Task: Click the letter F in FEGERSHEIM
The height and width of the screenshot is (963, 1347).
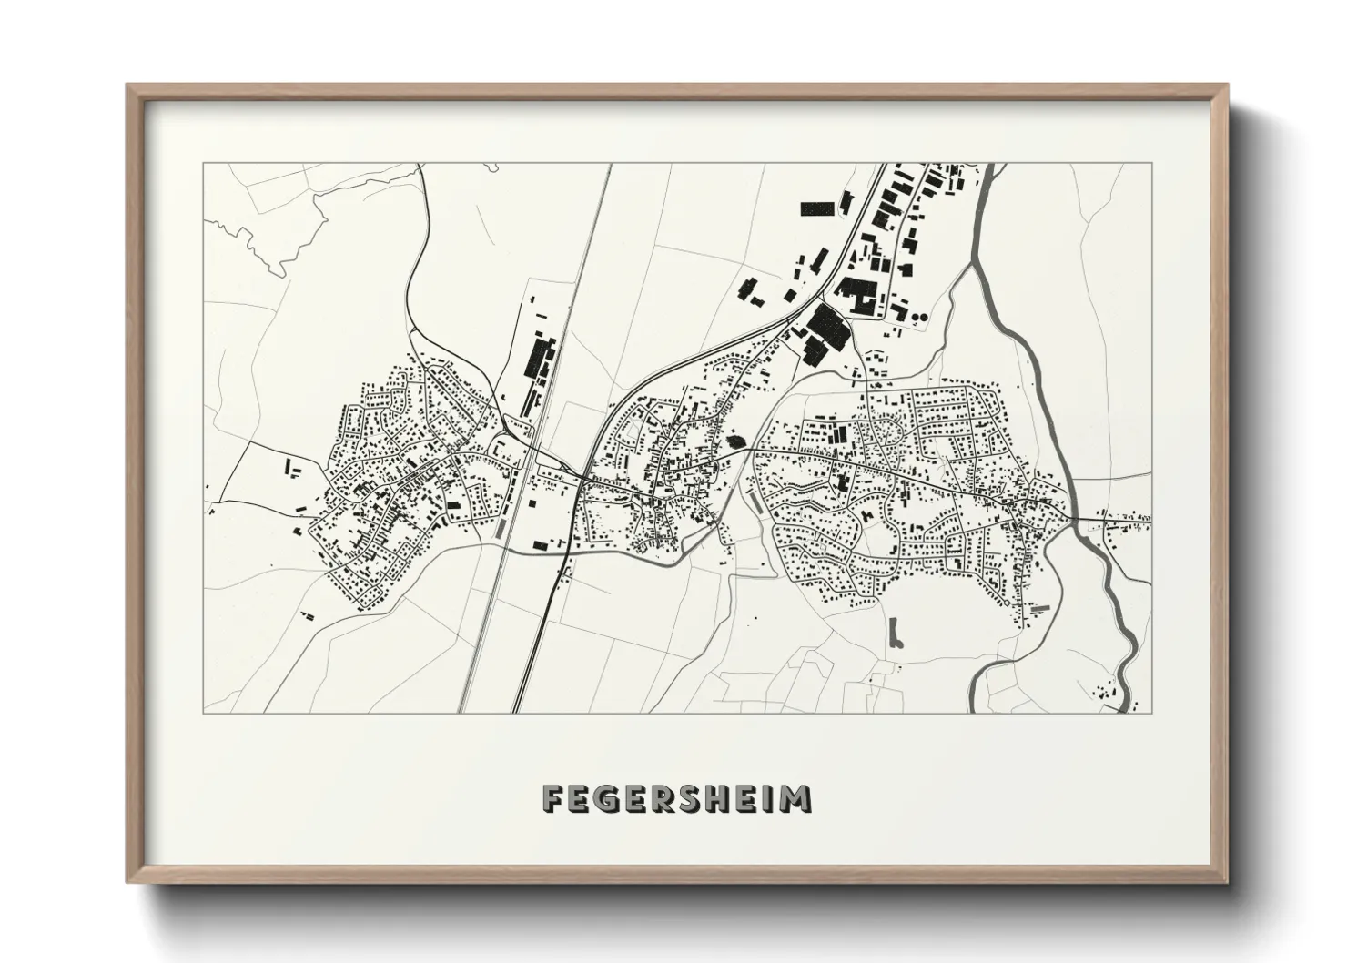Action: tap(553, 799)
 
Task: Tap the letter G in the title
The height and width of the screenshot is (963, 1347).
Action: tap(610, 799)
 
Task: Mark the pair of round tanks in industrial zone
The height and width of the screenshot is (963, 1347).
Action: tap(919, 316)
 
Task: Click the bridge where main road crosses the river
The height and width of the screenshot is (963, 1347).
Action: tap(1075, 519)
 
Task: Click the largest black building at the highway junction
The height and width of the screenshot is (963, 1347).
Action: tap(827, 326)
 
